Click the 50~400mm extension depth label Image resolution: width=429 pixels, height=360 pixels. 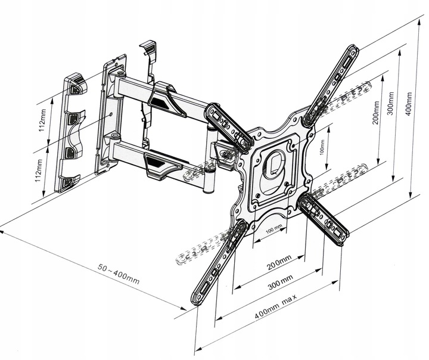[x=119, y=274]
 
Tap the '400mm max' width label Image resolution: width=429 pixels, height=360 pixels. [x=276, y=307]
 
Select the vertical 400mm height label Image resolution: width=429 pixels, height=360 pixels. [x=409, y=104]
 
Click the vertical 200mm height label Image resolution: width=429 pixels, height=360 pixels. [x=376, y=113]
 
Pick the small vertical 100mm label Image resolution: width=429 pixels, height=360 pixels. [x=322, y=147]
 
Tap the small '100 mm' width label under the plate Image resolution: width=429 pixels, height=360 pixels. [x=273, y=228]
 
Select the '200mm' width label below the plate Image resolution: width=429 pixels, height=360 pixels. [x=279, y=262]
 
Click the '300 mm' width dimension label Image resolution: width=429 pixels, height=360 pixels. [x=280, y=282]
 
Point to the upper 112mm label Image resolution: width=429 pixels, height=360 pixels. [x=42, y=120]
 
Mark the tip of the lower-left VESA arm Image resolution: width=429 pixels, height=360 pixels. [x=195, y=301]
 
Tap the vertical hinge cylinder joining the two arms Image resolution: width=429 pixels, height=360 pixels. [x=210, y=159]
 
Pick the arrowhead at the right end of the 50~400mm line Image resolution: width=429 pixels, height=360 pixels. [x=184, y=308]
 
